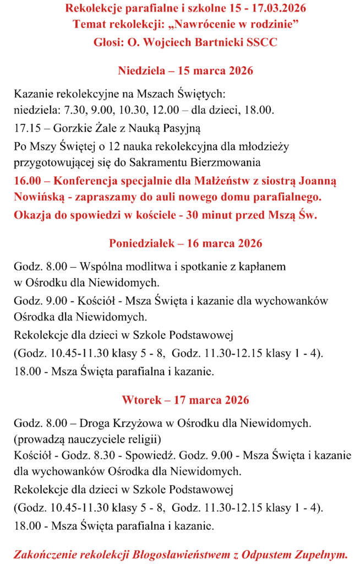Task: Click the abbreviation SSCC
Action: click(262, 42)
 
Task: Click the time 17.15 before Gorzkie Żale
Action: click(27, 129)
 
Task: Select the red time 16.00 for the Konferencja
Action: click(28, 181)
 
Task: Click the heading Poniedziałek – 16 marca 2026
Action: click(185, 243)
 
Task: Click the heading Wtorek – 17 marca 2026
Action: click(185, 400)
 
